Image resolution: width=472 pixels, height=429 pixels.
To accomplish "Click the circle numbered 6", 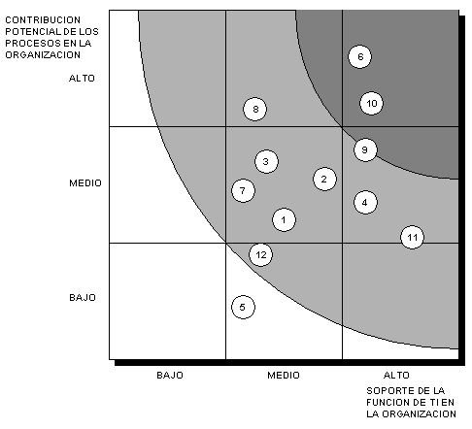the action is coord(359,56).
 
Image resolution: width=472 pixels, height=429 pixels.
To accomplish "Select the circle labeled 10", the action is coord(371,103).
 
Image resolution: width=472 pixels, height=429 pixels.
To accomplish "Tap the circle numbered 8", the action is coord(255,109).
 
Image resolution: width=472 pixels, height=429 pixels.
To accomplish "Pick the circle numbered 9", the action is coord(365,149).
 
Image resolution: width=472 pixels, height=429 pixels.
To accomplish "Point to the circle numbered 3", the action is coord(266,161).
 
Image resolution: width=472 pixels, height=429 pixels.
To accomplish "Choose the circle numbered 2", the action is coord(324,179).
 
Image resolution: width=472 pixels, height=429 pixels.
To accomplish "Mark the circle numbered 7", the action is coord(243,190).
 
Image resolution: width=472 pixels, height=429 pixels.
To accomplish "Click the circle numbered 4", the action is coord(365,203).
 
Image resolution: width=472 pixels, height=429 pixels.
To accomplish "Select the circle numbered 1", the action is coord(284,220).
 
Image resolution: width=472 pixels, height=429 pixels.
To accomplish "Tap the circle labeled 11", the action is coord(412,237).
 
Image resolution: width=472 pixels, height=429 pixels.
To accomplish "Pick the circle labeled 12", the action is coord(260,254).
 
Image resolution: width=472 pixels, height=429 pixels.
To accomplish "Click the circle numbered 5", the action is coord(243,307).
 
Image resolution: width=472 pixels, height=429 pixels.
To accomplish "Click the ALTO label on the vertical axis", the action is coord(82,79).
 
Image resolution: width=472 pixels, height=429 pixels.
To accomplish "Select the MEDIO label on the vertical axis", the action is coord(85,183).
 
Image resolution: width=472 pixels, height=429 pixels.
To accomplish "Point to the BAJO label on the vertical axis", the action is coord(83,298).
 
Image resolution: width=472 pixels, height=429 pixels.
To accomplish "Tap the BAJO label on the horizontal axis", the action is coord(170,376).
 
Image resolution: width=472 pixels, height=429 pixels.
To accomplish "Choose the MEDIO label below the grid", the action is coord(284,376).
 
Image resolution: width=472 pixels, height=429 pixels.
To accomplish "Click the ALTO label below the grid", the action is coord(396,376).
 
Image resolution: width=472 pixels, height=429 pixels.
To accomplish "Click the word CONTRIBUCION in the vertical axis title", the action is coord(43,20).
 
